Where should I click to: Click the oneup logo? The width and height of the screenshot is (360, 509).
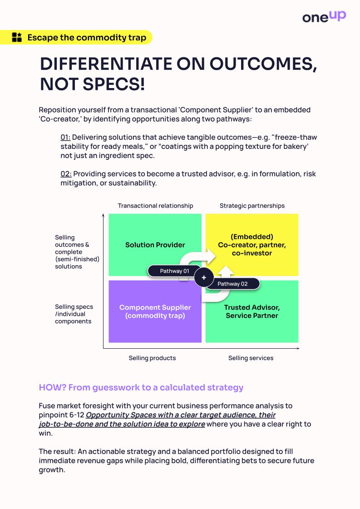coord(324,17)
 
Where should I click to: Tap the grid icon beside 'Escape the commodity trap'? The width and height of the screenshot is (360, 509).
coord(17,37)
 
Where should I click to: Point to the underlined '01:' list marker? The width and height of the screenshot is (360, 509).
coord(66,137)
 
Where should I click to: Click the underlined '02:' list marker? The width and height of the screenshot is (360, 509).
coord(66,173)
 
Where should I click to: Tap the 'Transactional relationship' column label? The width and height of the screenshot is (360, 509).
coord(155,206)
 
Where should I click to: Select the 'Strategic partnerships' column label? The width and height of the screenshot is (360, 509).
coord(252,206)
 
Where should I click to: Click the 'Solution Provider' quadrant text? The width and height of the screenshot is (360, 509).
coord(155,245)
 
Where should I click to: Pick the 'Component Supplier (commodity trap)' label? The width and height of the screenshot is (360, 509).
coord(155,311)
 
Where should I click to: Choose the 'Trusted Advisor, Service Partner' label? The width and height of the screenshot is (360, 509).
coord(252,311)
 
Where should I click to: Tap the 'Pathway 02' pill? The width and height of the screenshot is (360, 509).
coord(232,284)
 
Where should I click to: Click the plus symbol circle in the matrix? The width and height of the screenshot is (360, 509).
coord(204,277)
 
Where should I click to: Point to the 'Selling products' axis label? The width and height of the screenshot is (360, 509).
coord(152,358)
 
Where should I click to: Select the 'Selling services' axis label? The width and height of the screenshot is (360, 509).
coord(251,358)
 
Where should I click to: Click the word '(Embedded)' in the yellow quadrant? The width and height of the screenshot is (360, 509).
coord(252,237)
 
